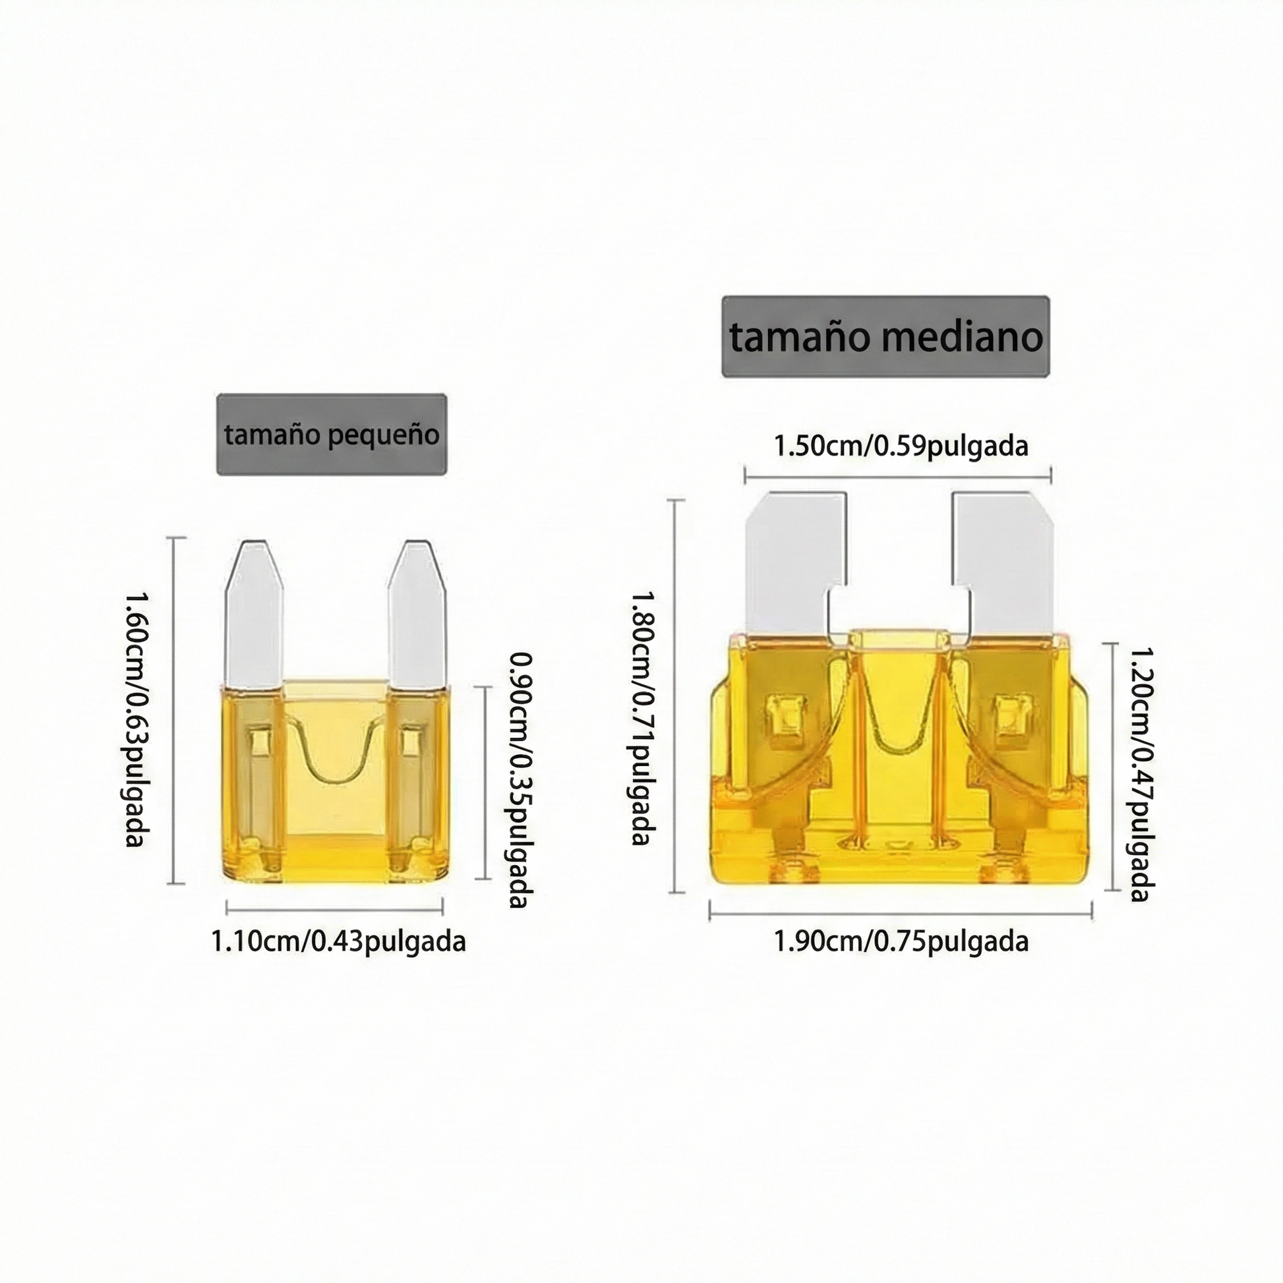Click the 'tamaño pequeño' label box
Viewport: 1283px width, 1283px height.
tap(332, 434)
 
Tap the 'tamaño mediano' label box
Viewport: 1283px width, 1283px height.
tap(885, 337)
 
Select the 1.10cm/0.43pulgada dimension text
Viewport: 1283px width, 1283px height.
tap(338, 941)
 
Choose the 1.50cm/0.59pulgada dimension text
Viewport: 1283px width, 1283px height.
tap(901, 446)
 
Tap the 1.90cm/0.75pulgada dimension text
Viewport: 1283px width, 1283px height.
tap(901, 941)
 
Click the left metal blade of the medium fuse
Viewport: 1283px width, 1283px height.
tap(791, 564)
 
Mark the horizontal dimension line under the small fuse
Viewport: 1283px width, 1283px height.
tap(335, 906)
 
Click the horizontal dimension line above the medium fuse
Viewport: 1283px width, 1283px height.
tap(897, 474)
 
